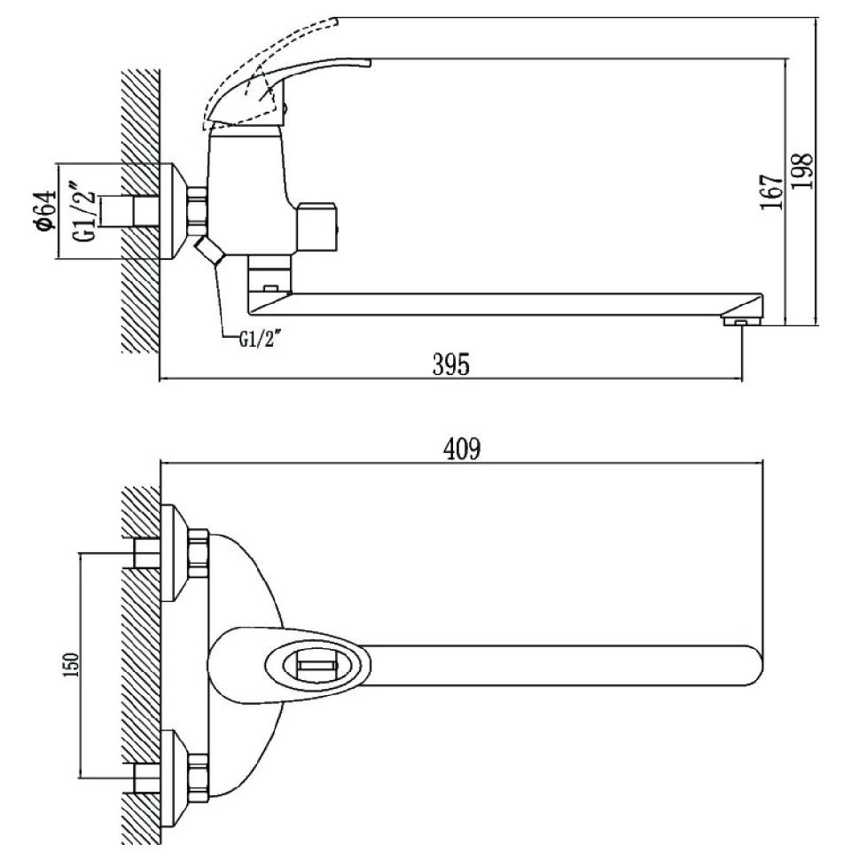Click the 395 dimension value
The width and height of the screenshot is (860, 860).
point(450,364)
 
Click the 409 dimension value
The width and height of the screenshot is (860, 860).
point(462,450)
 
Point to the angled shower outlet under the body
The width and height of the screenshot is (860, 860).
point(210,251)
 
